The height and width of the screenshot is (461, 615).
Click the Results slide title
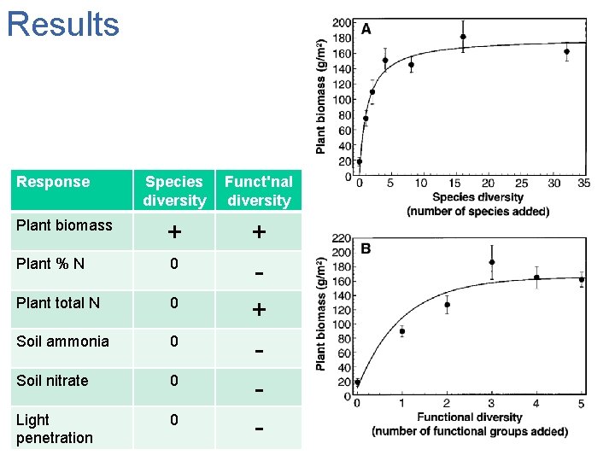tap(62, 24)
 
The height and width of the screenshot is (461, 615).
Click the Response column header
tap(53, 182)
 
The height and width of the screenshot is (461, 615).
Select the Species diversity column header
tap(174, 191)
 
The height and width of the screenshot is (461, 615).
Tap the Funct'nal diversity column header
tap(258, 191)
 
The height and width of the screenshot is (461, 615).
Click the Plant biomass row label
tap(64, 225)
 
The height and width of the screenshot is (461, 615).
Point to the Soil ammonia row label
tap(62, 341)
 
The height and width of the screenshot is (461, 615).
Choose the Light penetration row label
tap(54, 429)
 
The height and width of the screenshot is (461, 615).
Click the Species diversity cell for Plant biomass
tap(174, 232)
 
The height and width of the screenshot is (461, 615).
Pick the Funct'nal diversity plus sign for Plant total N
tap(259, 309)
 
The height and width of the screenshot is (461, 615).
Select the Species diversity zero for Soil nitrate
tap(173, 380)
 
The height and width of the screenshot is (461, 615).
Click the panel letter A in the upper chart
tap(366, 29)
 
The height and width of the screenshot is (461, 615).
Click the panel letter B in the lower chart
tap(366, 249)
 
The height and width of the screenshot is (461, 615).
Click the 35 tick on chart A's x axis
tap(584, 184)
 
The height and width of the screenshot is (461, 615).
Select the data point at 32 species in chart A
tap(566, 51)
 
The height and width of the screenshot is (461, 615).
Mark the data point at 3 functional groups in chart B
tap(492, 263)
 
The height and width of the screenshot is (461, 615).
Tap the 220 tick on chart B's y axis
tap(341, 238)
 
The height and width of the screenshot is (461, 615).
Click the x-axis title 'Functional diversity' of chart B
tap(469, 417)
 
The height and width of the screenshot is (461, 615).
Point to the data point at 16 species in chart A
tap(463, 37)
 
